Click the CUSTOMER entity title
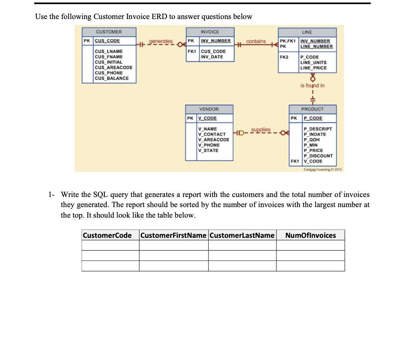[108, 32]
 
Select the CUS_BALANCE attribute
[111, 78]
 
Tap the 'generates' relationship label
[161, 41]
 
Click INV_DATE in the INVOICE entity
[212, 57]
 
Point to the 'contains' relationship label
[256, 41]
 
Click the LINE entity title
[307, 32]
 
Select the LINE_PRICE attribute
[313, 68]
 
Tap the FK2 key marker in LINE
[284, 57]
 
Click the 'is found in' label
[312, 85]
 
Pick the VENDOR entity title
[209, 109]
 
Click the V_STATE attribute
[208, 150]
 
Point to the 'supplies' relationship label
[261, 130]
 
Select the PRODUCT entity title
[312, 109]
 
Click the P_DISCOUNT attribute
[318, 156]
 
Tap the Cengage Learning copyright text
[317, 169]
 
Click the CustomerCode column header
[107, 235]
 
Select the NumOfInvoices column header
[310, 235]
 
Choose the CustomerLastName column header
[242, 235]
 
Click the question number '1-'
[51, 195]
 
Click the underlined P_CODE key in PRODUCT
[313, 118]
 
